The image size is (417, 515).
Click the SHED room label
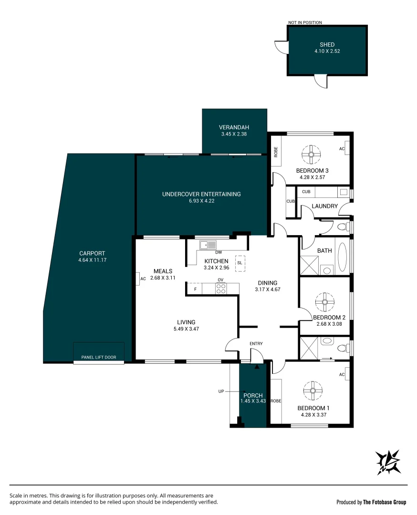pyautogui.click(x=327, y=45)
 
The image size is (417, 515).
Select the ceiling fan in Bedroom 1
pyautogui.click(x=313, y=391)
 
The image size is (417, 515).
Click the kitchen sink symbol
pyautogui.click(x=208, y=245)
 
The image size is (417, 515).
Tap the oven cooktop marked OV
pyautogui.click(x=220, y=288)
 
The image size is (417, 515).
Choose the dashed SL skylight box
pyautogui.click(x=240, y=263)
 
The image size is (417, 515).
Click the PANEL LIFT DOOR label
pyautogui.click(x=99, y=357)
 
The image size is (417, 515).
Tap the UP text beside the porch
pyautogui.click(x=220, y=391)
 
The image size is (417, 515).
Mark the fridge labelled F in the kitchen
pyautogui.click(x=195, y=288)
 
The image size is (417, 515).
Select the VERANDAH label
pyautogui.click(x=234, y=127)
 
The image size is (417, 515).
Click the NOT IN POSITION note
pyautogui.click(x=305, y=22)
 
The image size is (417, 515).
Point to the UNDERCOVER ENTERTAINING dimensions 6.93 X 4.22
pyautogui.click(x=201, y=201)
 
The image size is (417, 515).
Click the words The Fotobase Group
pyautogui.click(x=385, y=502)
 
